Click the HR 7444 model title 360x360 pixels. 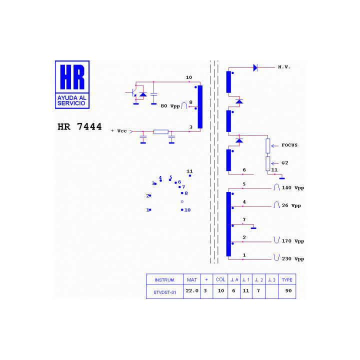[x=79, y=126]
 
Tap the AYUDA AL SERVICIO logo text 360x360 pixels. [x=72, y=100]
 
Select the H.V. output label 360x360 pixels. [x=284, y=67]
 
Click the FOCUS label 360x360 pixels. [x=289, y=145]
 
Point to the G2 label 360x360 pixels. [x=284, y=163]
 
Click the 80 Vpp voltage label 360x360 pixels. [x=170, y=106]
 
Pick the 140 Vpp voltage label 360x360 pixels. [x=293, y=188]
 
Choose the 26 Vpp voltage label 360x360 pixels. [x=291, y=205]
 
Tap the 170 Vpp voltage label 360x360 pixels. [x=293, y=241]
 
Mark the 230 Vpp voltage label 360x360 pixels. [x=293, y=259]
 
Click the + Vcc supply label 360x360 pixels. [x=119, y=131]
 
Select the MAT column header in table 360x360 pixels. [x=192, y=280]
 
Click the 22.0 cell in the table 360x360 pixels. [x=192, y=290]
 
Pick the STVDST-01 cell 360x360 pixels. [x=164, y=292]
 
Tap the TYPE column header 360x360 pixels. [x=287, y=280]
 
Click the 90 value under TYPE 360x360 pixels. [x=288, y=290]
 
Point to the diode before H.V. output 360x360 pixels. [x=255, y=67]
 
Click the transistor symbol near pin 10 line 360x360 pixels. [x=132, y=93]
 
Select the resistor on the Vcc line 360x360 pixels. [x=160, y=132]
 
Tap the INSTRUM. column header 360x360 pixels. [x=164, y=280]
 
